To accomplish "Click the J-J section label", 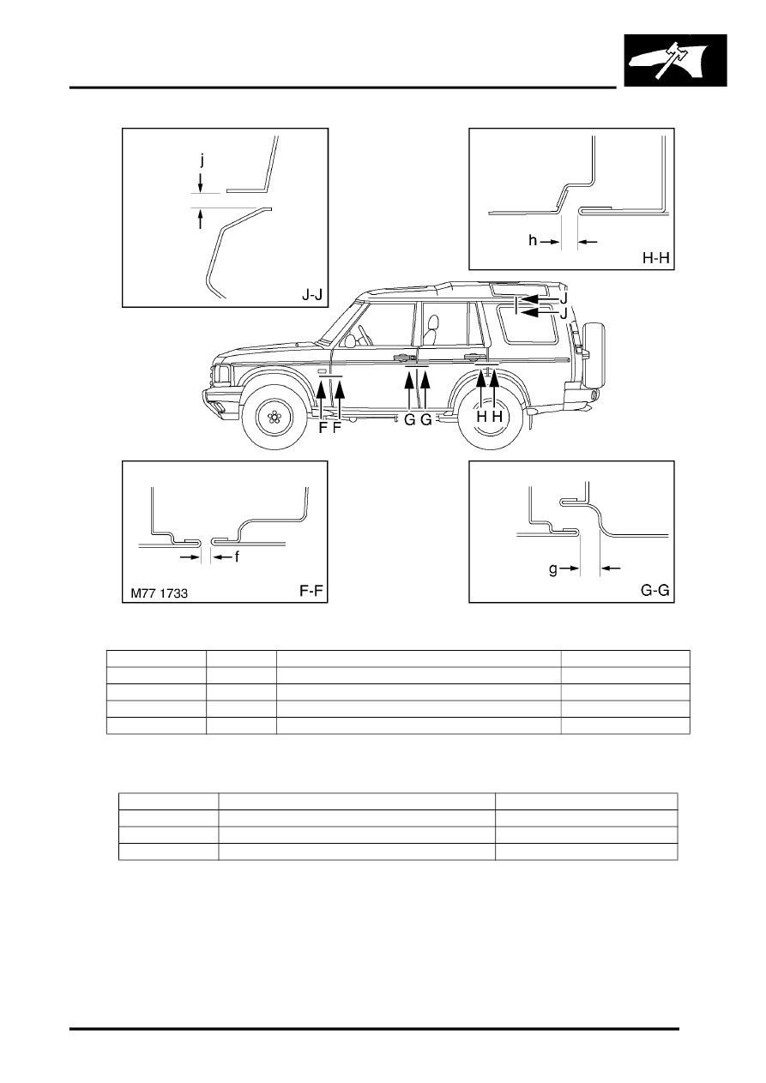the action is point(312,294).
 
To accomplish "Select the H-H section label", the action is point(655,258).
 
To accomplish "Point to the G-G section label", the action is point(655,590).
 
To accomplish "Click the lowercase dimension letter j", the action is point(202,160).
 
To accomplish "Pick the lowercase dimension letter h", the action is point(533,240).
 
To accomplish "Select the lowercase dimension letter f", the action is point(237,557).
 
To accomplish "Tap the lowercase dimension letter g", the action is point(553,569).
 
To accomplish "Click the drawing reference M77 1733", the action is point(159,593).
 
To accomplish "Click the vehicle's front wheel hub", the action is point(274,416).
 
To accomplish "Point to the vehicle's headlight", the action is point(223,373).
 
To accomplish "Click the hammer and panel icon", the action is point(676,60).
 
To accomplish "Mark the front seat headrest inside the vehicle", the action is point(433,323).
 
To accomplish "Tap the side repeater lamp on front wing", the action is point(321,371).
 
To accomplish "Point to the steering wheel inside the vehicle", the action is point(364,335).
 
